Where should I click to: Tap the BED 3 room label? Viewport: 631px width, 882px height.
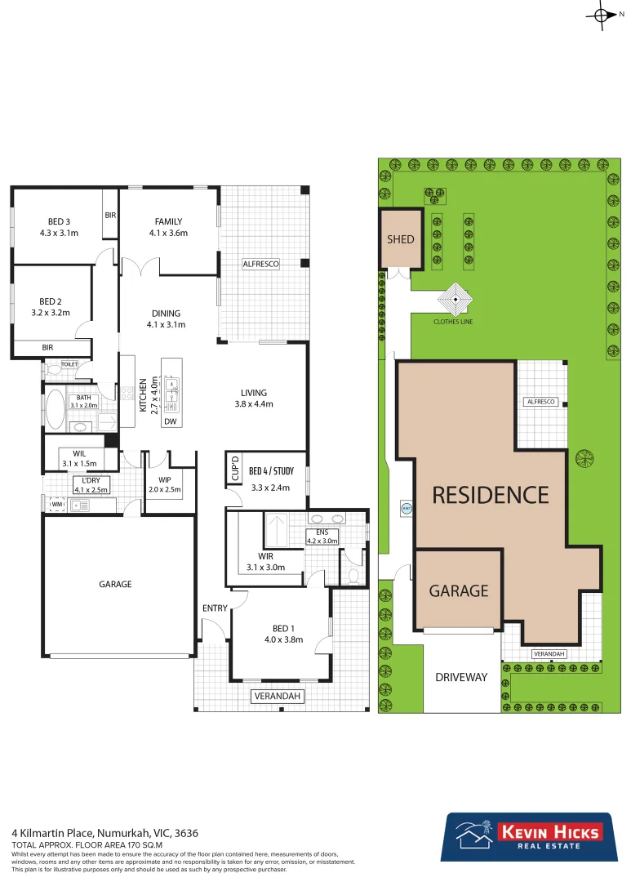tap(58, 227)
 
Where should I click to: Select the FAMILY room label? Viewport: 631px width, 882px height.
tap(168, 227)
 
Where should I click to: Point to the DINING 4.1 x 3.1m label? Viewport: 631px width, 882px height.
tap(168, 318)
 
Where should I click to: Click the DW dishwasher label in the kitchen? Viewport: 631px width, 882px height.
tap(171, 421)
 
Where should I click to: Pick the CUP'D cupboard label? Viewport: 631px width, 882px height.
tap(233, 469)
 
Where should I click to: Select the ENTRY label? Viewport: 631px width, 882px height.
tap(215, 608)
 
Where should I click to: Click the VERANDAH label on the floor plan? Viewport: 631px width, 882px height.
tap(278, 697)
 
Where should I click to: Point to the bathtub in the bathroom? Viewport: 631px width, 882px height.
tap(56, 409)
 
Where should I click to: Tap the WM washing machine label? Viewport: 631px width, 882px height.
tap(56, 506)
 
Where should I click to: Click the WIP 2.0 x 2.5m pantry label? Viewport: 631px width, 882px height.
tap(164, 484)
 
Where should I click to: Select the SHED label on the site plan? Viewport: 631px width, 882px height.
tap(401, 239)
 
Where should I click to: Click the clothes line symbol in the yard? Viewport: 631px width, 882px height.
tap(453, 301)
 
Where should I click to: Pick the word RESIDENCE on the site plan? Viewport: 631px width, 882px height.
tap(490, 495)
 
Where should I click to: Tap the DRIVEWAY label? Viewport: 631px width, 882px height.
tap(461, 677)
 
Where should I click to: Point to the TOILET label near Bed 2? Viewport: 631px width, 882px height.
tap(69, 364)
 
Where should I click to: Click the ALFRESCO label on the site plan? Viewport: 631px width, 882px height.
tap(540, 402)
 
